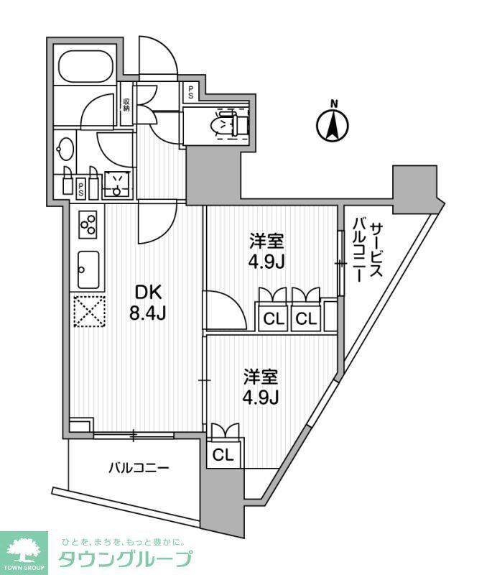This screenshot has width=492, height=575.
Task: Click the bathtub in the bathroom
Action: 86,66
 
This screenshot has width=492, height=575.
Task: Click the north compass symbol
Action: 333,122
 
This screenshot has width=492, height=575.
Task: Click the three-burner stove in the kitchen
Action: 88,224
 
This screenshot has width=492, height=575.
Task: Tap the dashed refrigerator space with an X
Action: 90,311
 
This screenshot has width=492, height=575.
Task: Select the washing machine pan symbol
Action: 116,184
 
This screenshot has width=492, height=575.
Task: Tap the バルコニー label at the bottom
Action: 139,468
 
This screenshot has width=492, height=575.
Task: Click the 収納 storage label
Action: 126,105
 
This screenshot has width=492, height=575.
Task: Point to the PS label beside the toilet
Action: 191,92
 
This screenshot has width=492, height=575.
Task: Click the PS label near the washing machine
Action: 80,188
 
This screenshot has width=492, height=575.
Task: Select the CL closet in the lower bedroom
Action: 223,455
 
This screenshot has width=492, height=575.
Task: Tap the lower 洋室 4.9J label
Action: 262,387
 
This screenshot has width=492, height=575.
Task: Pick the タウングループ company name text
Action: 125,559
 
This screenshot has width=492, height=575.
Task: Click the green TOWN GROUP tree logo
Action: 24,553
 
